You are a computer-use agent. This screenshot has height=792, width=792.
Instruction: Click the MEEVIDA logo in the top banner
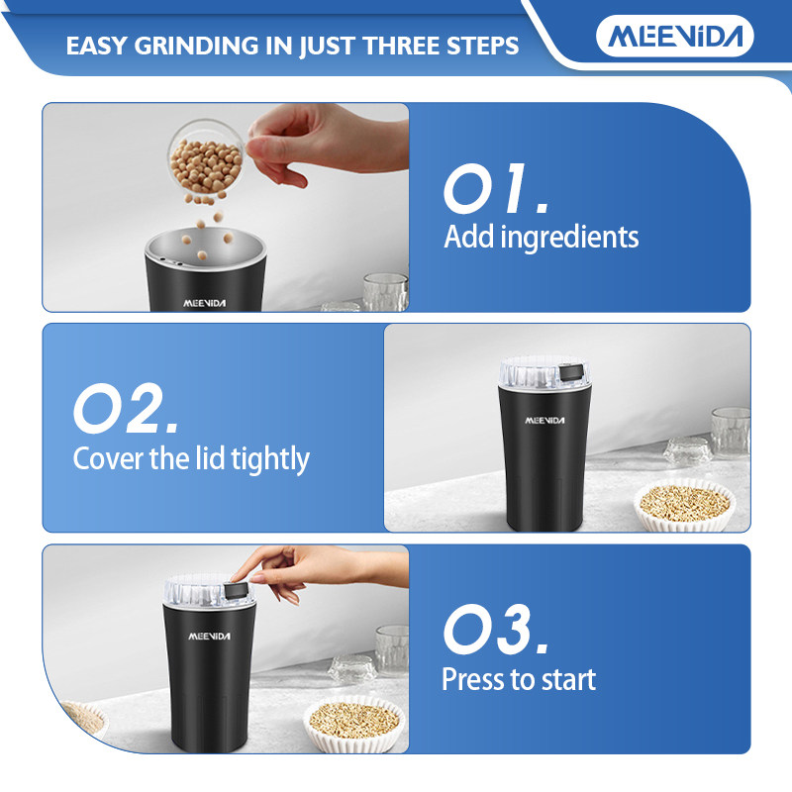click(675, 36)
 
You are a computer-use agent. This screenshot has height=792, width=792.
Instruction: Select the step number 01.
click(495, 188)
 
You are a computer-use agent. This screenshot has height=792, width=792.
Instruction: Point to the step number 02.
click(126, 408)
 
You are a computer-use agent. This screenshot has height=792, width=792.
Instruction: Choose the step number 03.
click(495, 629)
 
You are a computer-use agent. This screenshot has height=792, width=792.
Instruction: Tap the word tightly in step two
click(269, 459)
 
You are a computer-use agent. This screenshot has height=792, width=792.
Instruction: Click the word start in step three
click(568, 679)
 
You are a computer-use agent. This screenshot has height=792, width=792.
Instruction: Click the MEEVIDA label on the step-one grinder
click(205, 303)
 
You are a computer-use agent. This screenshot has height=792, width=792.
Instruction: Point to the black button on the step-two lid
click(573, 372)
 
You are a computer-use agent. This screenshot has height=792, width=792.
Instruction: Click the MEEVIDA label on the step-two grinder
click(544, 420)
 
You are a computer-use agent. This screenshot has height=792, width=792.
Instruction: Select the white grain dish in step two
click(684, 505)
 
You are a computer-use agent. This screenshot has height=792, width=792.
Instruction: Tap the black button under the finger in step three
click(236, 590)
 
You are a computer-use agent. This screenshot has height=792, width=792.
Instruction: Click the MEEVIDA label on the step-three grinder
click(209, 636)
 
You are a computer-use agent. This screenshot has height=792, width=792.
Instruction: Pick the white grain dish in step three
click(354, 723)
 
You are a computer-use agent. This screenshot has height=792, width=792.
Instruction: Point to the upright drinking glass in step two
click(731, 433)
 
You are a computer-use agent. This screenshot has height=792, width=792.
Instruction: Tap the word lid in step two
click(211, 457)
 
